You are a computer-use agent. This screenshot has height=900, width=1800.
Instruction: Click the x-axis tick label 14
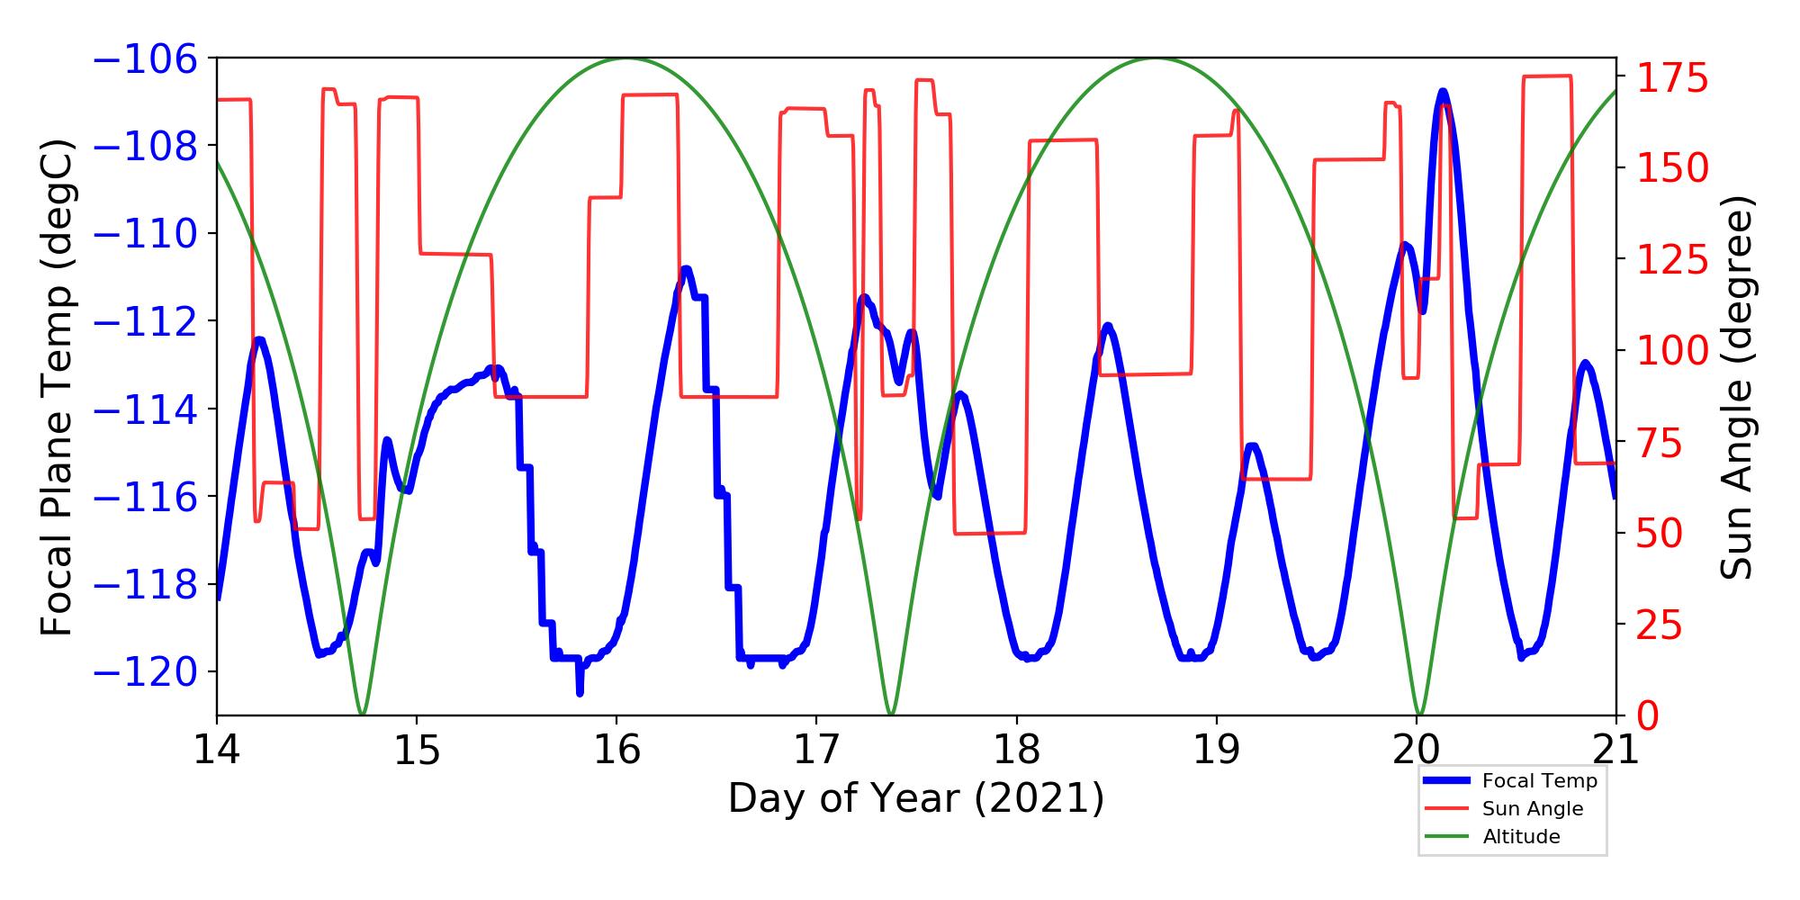coord(217,750)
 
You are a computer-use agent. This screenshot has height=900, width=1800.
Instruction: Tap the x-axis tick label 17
coord(816,750)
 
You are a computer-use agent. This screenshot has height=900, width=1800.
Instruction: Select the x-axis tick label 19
coord(1217,750)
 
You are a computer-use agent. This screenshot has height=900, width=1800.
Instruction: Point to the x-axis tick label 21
coord(1616,750)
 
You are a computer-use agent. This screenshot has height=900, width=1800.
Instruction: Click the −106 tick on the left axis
coord(146,59)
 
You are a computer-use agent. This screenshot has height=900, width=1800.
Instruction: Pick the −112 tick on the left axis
coord(146,322)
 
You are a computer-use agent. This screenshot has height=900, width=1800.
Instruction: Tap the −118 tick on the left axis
coord(146,585)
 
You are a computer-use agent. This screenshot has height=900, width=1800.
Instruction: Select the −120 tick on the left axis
coord(146,672)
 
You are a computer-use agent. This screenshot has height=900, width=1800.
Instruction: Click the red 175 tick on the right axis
coord(1672,78)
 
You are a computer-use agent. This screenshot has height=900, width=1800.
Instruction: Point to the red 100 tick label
coord(1672,351)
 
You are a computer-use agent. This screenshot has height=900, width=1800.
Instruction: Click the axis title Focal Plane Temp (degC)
coord(56,387)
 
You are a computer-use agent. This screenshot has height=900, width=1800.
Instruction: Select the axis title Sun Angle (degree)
coord(1737,387)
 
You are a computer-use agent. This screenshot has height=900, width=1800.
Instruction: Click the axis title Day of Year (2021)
coord(916,798)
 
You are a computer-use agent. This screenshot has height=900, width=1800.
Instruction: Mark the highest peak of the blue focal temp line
coord(1443,91)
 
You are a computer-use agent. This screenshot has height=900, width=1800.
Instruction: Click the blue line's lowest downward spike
coord(580,693)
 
